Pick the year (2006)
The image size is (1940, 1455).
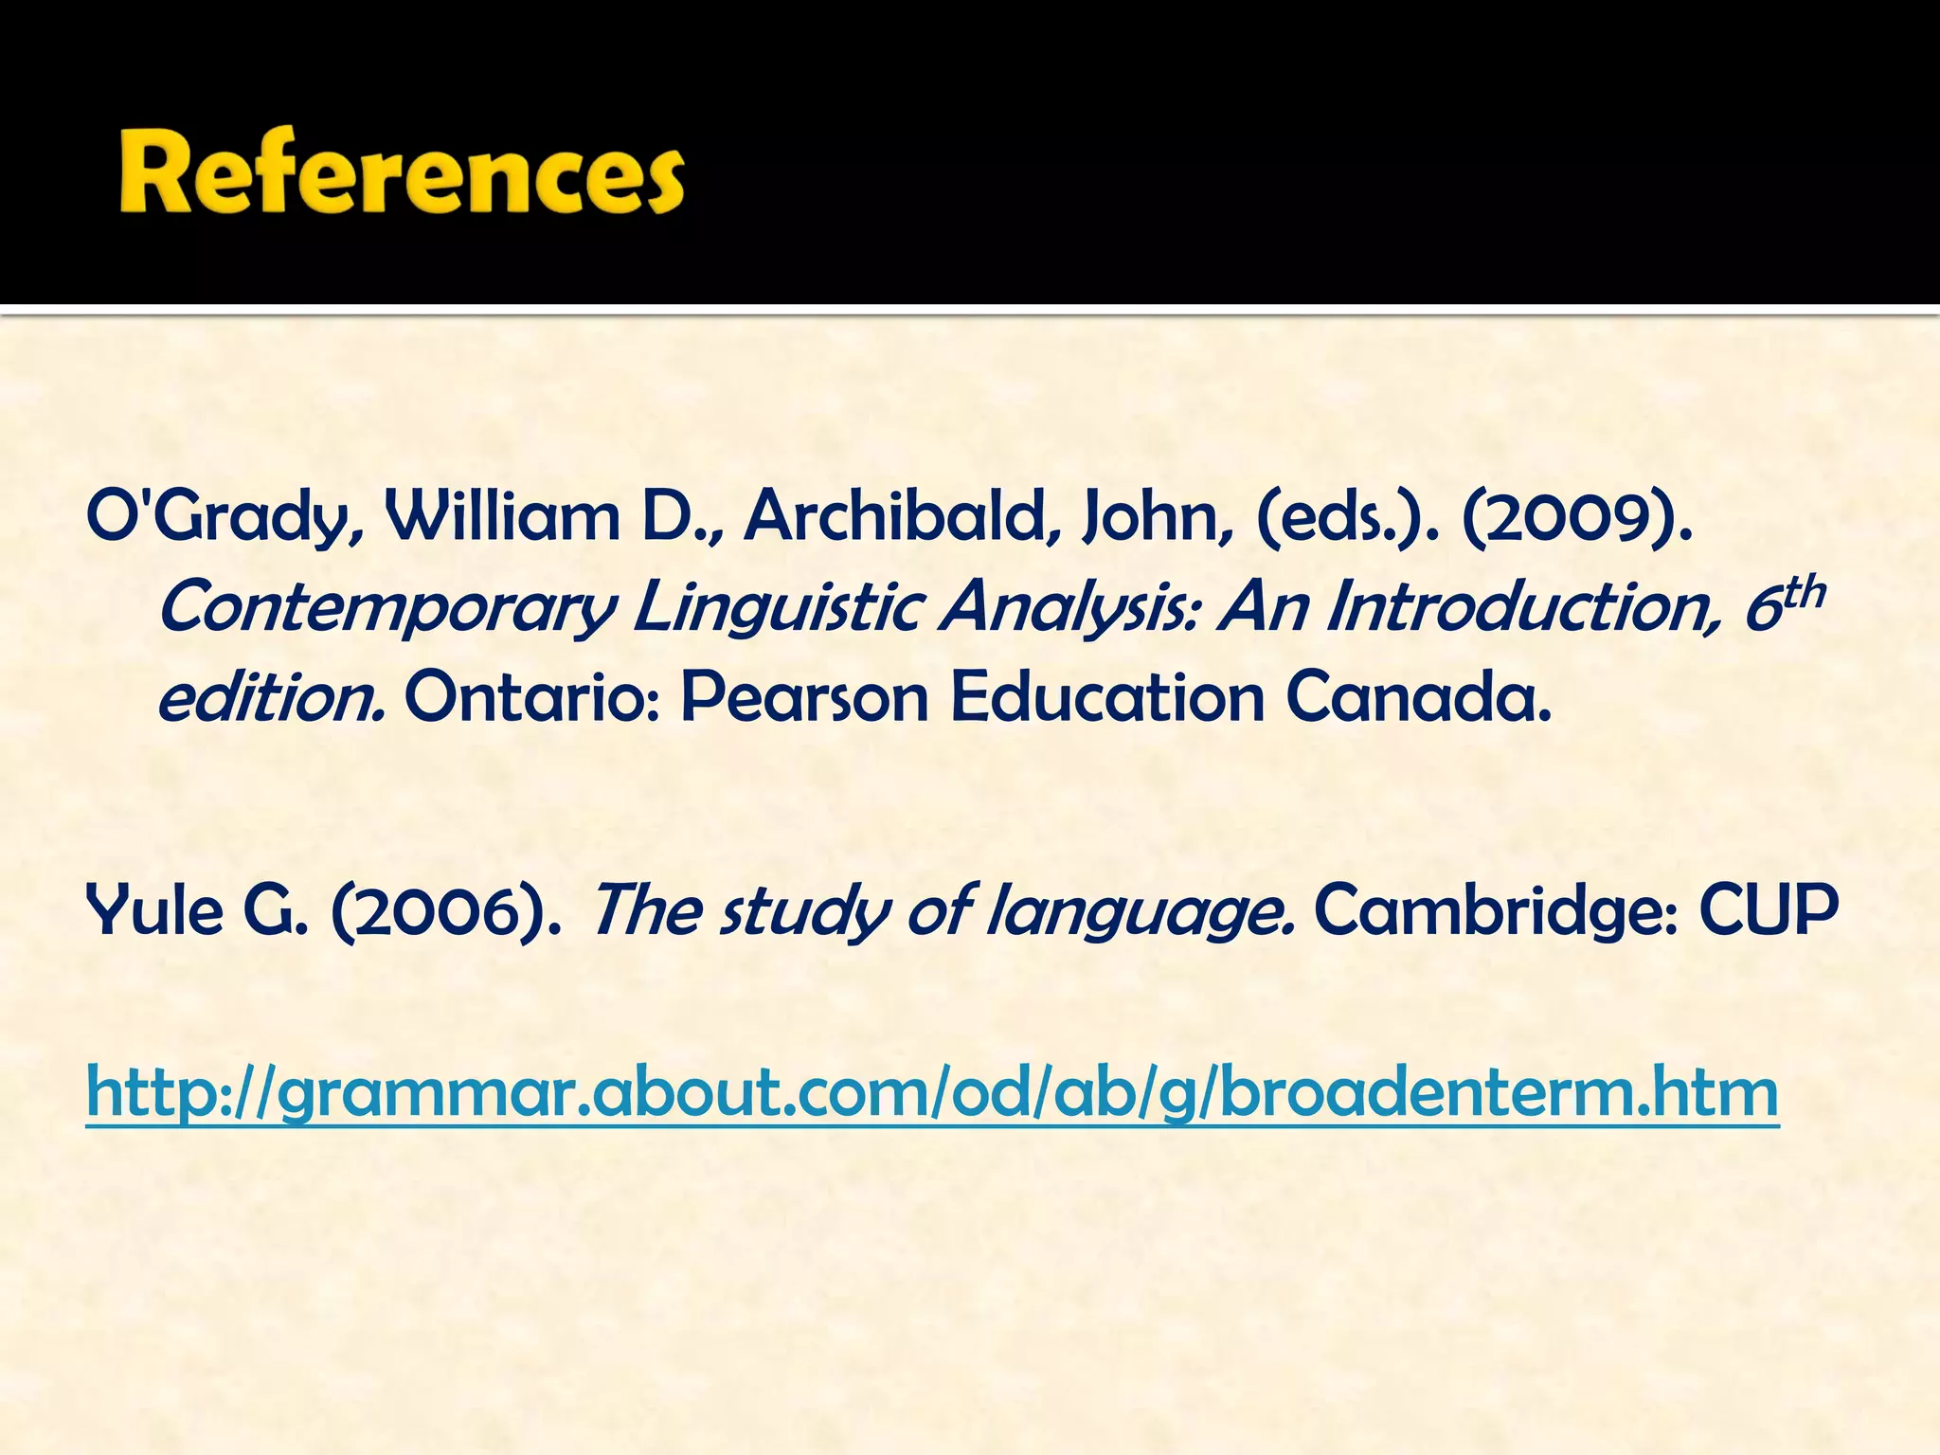(445, 910)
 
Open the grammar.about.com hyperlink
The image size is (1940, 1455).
(932, 1093)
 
